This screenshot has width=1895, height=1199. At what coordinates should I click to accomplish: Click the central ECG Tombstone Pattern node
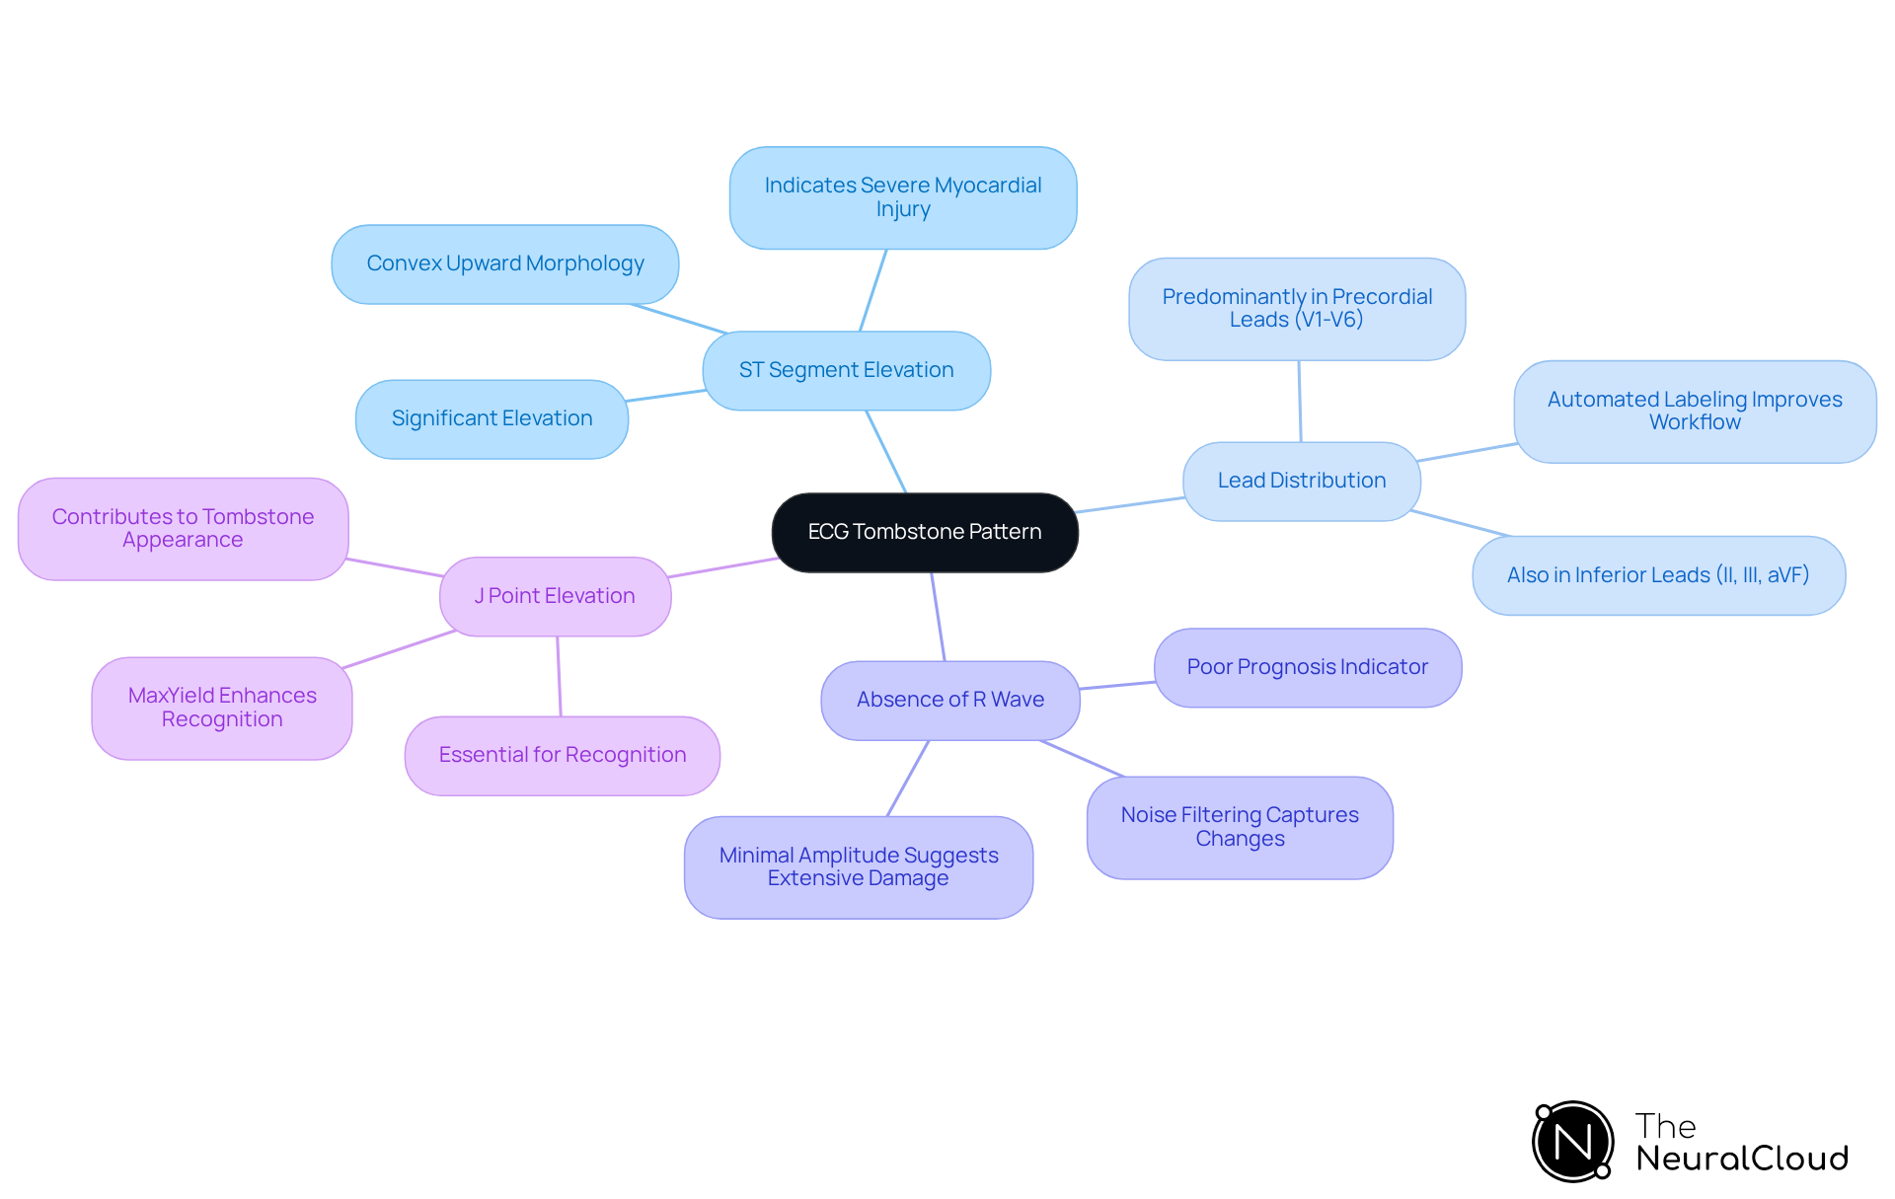[925, 532]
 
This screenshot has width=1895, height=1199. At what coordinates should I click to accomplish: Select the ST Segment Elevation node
[847, 370]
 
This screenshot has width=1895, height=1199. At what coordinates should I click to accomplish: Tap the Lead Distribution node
[1302, 481]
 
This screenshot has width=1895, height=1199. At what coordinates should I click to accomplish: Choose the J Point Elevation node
[555, 596]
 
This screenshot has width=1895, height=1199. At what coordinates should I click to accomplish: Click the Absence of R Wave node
[950, 700]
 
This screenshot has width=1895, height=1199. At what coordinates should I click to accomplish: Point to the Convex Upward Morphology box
[505, 263]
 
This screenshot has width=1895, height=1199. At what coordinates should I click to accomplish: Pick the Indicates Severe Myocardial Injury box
[903, 197]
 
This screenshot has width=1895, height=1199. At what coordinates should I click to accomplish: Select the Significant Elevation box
[492, 418]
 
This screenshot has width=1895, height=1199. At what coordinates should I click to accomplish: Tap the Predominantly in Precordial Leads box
[1297, 308]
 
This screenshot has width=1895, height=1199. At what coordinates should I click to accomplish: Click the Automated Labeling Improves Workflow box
[1695, 411]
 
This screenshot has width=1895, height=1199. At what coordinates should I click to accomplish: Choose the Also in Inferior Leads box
[1658, 575]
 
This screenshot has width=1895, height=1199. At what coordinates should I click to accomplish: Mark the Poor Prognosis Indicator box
[1308, 667]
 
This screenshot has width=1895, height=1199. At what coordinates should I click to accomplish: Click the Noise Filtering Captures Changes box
[1240, 827]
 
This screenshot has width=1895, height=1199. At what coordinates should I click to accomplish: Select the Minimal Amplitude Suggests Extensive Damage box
[859, 866]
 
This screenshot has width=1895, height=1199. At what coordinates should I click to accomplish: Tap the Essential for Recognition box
[563, 755]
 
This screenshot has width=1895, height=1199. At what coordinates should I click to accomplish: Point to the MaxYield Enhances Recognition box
[222, 708]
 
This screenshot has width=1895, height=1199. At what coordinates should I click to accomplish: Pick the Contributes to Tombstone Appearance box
[183, 528]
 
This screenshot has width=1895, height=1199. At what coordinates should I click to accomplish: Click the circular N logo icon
[1573, 1142]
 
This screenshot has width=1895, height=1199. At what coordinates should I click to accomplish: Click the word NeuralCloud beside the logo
[1742, 1159]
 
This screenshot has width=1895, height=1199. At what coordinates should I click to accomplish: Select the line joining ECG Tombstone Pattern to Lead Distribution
[1131, 505]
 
